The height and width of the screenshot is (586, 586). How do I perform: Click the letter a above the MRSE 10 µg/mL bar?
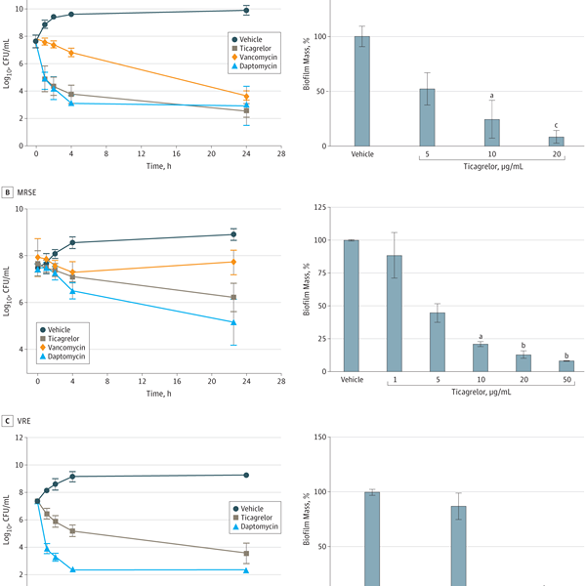pos(481,337)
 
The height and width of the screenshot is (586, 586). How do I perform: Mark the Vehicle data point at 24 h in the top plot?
pos(246,11)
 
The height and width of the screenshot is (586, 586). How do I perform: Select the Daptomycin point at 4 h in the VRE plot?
pos(71,569)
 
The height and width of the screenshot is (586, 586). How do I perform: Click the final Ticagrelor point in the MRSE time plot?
pos(233,297)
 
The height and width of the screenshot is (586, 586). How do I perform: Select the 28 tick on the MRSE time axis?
pos(281,381)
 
